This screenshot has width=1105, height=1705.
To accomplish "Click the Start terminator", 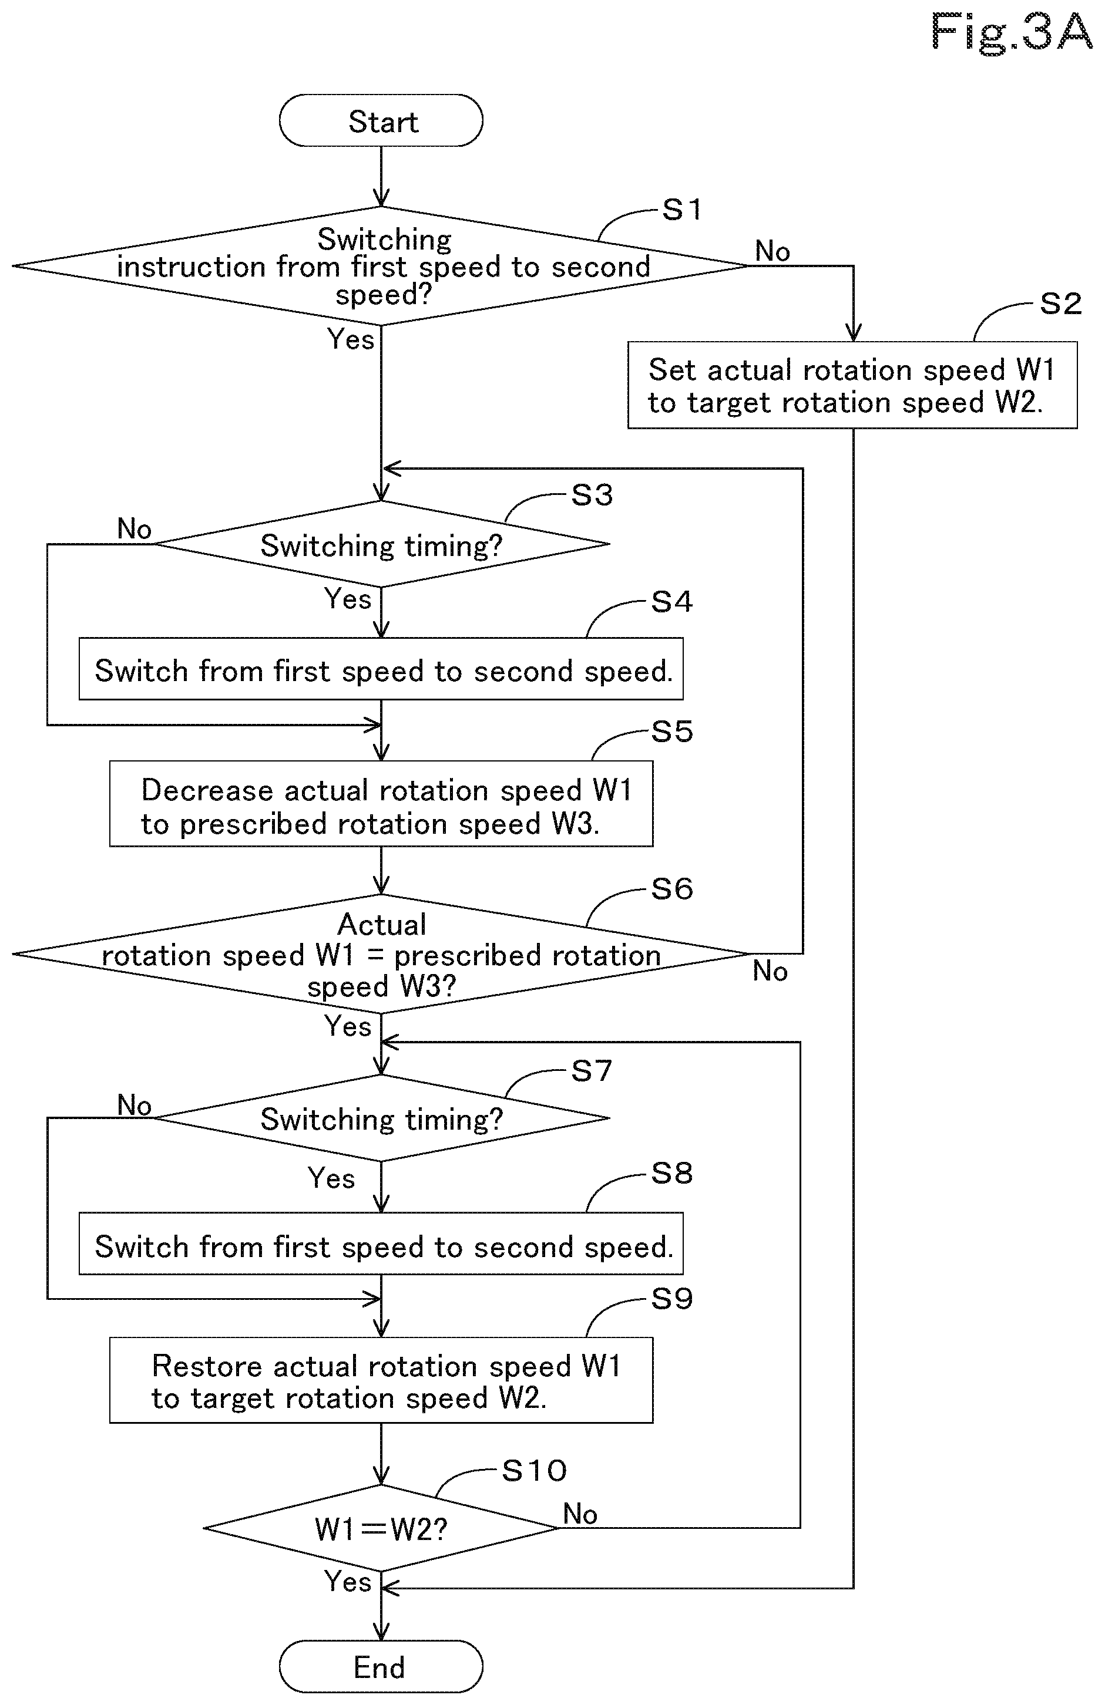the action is (x=381, y=120).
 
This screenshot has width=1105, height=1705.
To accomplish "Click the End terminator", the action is (x=381, y=1667).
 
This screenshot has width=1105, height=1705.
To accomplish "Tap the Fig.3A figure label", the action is (x=1010, y=32).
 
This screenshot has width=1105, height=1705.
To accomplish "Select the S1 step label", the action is (x=681, y=210).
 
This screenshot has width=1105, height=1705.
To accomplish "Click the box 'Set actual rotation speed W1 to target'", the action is (x=852, y=385).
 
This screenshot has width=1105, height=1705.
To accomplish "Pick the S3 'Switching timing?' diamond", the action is (x=381, y=544).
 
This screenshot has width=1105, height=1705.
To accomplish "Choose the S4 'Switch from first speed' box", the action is (x=381, y=669).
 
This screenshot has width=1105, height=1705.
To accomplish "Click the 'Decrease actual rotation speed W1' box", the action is (x=381, y=804).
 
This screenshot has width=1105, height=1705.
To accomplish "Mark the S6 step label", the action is (x=671, y=889).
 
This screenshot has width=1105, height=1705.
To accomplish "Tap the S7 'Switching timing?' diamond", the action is (x=381, y=1118).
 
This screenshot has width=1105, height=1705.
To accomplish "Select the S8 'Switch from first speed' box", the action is (x=381, y=1244).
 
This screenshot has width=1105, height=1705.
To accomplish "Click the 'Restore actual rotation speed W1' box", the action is (x=381, y=1380).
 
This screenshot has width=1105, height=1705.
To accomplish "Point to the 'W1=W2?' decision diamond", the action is (x=381, y=1529).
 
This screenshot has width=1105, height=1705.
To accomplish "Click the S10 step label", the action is (x=534, y=1471).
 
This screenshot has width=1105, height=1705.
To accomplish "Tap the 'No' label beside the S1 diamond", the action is (x=773, y=251).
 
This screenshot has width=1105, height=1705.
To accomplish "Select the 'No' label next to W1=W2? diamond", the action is (x=580, y=1514).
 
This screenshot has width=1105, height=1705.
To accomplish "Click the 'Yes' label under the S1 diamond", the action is (x=351, y=339).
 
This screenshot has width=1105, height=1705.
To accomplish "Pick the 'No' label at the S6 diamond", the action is (x=770, y=972).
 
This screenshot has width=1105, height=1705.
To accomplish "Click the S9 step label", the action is (x=671, y=1299).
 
